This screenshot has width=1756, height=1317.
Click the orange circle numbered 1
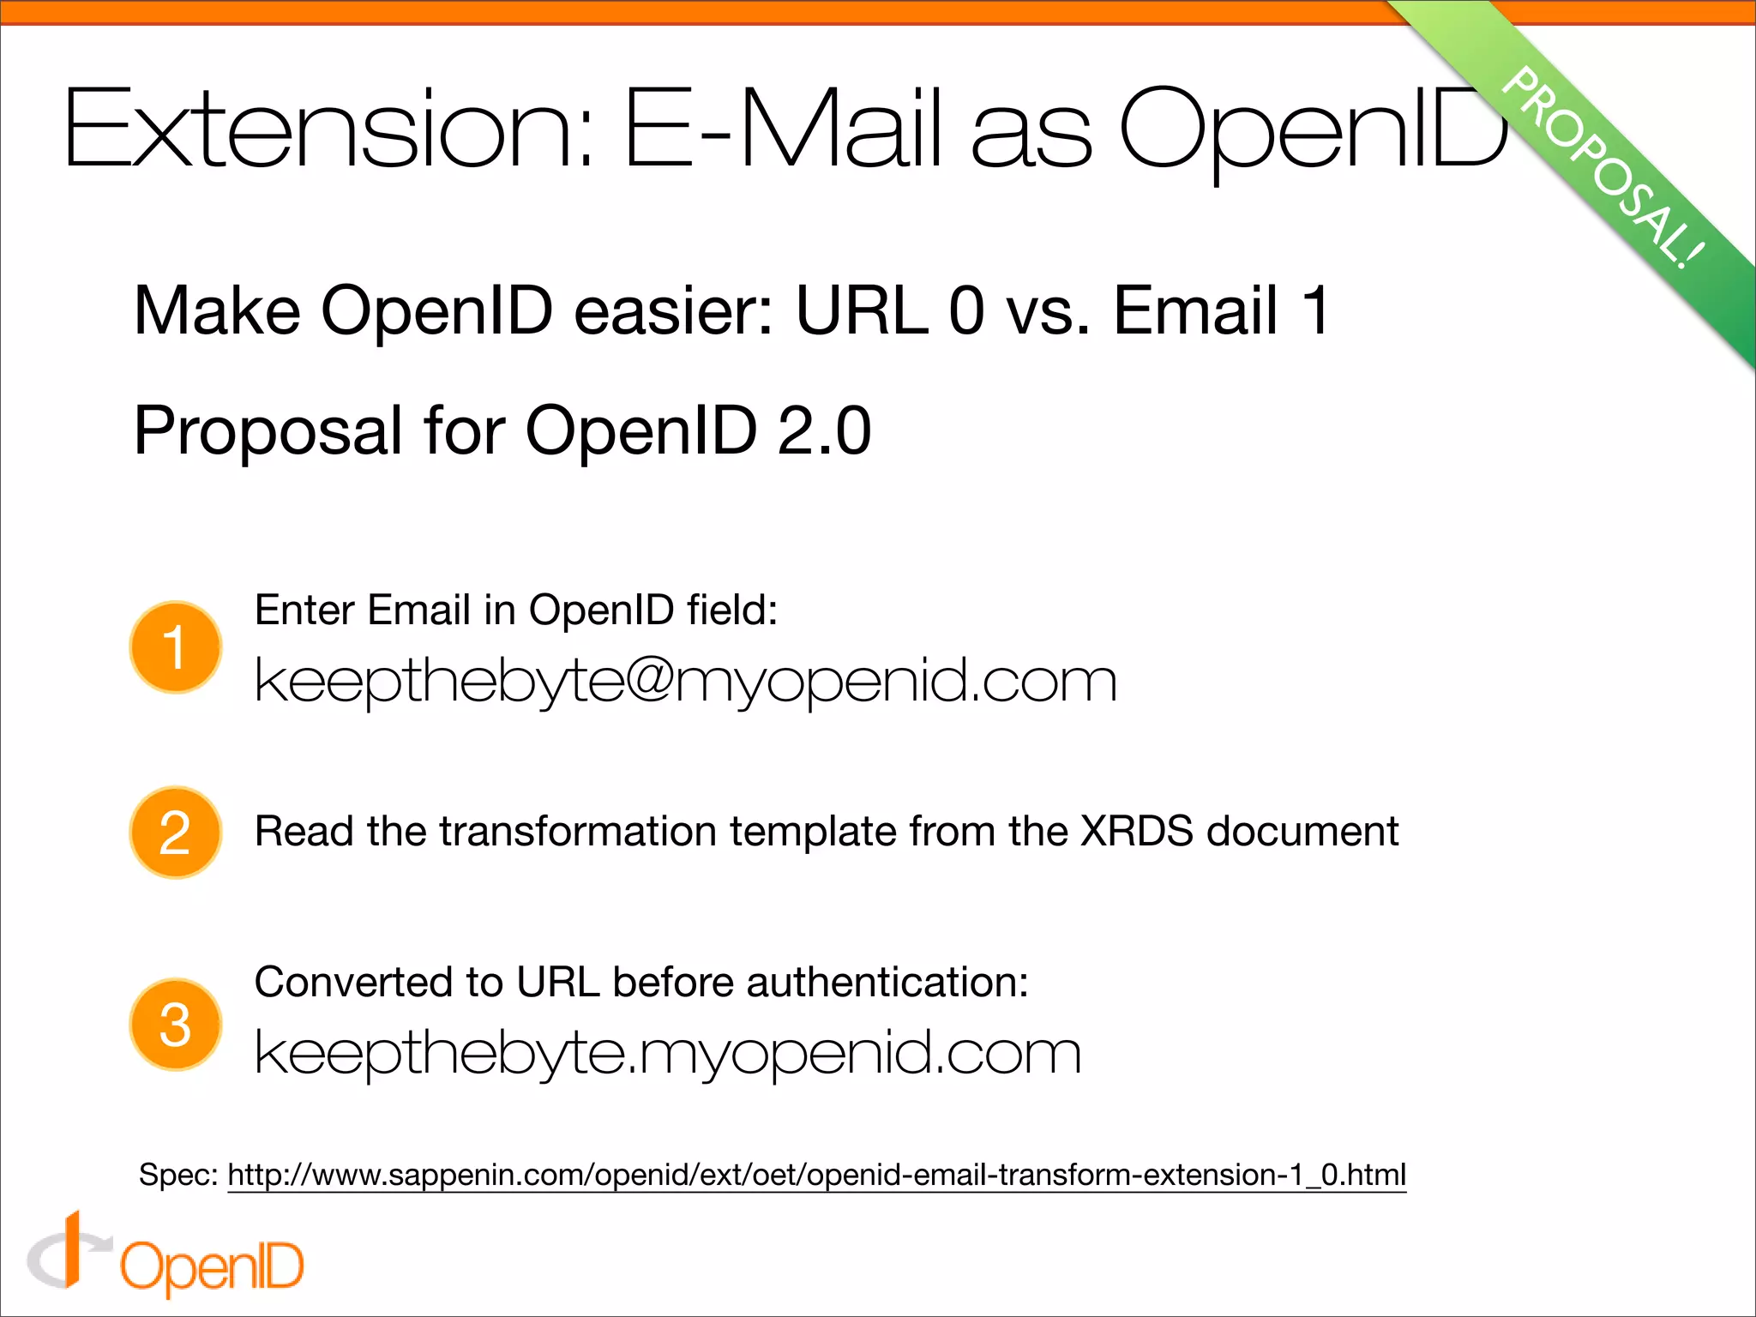pyautogui.click(x=176, y=647)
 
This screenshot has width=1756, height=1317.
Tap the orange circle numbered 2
pyautogui.click(x=176, y=833)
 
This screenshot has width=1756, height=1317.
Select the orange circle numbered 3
pyautogui.click(x=176, y=1025)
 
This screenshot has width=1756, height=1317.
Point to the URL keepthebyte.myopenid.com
pyautogui.click(x=667, y=1053)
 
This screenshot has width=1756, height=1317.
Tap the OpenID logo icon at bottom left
pyautogui.click(x=69, y=1252)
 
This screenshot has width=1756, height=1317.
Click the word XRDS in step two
pyautogui.click(x=1136, y=831)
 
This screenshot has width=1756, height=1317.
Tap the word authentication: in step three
pyautogui.click(x=887, y=982)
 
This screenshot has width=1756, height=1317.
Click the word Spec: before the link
pyautogui.click(x=178, y=1175)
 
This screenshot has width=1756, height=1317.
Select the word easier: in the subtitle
pyautogui.click(x=674, y=310)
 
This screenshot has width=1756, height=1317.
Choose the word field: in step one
pyautogui.click(x=732, y=610)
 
